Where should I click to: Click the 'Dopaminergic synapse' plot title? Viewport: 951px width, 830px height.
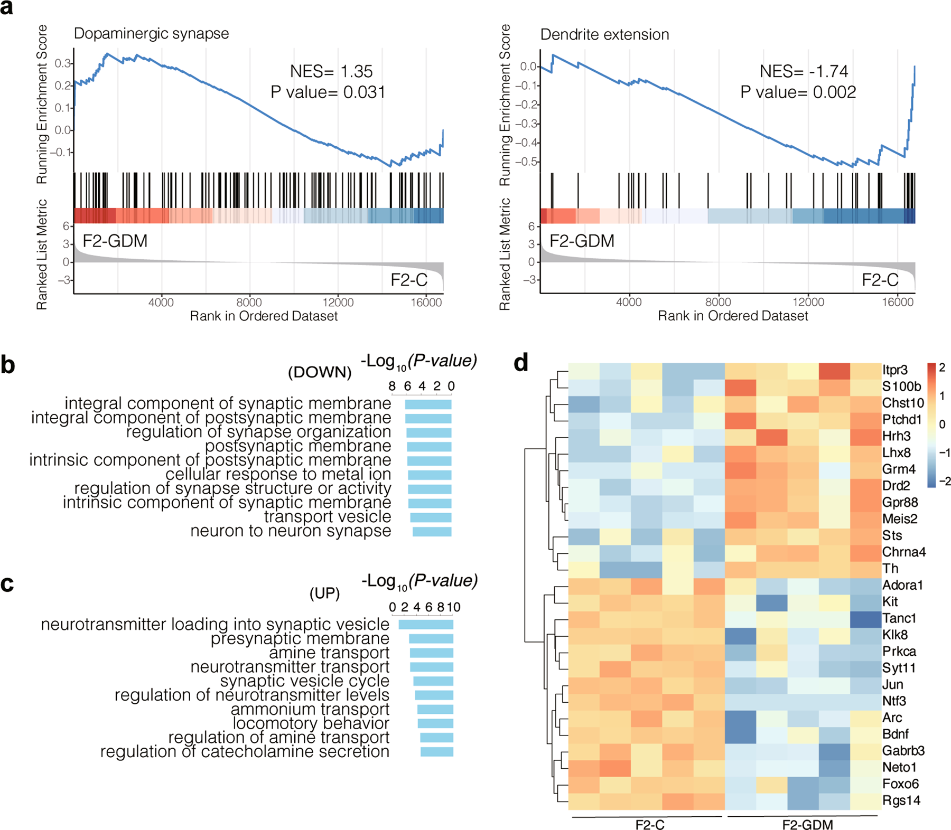point(151,34)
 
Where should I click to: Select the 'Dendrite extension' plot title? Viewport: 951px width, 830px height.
point(604,35)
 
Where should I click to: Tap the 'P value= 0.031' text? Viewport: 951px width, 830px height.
point(328,92)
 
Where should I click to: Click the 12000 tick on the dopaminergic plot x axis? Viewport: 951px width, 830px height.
point(338,303)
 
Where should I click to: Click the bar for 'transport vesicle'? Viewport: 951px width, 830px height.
point(431,517)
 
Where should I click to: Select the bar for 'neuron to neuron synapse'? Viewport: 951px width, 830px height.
point(432,532)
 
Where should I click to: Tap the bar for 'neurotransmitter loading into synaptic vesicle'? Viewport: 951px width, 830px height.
point(426,625)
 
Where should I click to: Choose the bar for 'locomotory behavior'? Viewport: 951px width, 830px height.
point(435,723)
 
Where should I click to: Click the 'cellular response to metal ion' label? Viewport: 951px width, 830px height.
point(278,474)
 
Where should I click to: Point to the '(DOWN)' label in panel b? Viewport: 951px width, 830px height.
point(320,372)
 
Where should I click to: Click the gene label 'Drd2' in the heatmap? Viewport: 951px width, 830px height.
point(896,486)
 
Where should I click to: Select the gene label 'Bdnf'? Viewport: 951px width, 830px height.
point(896,734)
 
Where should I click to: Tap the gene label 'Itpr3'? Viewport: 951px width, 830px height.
point(895,370)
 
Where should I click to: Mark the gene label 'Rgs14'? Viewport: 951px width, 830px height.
point(901,800)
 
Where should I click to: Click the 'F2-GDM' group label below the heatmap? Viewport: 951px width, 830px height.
point(807,824)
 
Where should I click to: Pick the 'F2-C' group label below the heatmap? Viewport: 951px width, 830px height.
point(650,824)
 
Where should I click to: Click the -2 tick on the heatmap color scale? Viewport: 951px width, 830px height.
point(945,481)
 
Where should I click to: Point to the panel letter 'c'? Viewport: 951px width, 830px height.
point(7,584)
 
